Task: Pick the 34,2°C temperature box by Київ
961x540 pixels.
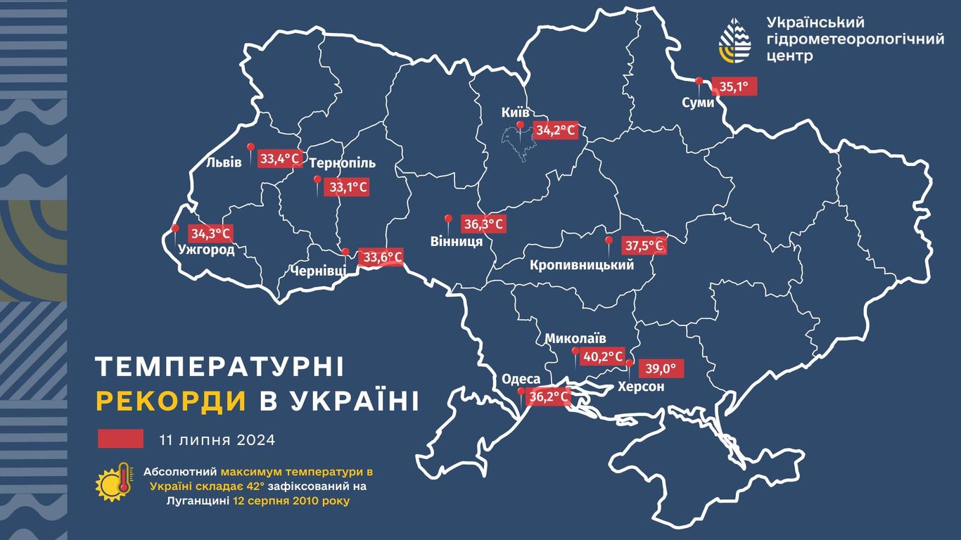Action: [x=556, y=131]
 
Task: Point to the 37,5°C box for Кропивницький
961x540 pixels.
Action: [x=644, y=246]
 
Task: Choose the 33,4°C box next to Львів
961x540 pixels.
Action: [x=281, y=159]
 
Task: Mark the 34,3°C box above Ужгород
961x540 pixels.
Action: [x=211, y=233]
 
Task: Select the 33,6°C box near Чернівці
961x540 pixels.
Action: [x=382, y=257]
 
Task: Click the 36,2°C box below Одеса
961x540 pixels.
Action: [x=548, y=397]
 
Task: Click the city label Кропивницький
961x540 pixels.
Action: [x=582, y=266]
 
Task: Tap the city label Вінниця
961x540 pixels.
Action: [x=456, y=242]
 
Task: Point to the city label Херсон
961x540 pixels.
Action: [x=640, y=387]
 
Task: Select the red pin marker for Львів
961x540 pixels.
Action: [x=250, y=149]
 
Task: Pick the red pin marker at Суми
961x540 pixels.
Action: [x=699, y=83]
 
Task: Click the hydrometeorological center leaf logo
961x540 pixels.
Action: [x=734, y=41]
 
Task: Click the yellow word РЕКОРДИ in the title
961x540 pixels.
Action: [x=171, y=400]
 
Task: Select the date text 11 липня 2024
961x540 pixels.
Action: [x=217, y=440]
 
